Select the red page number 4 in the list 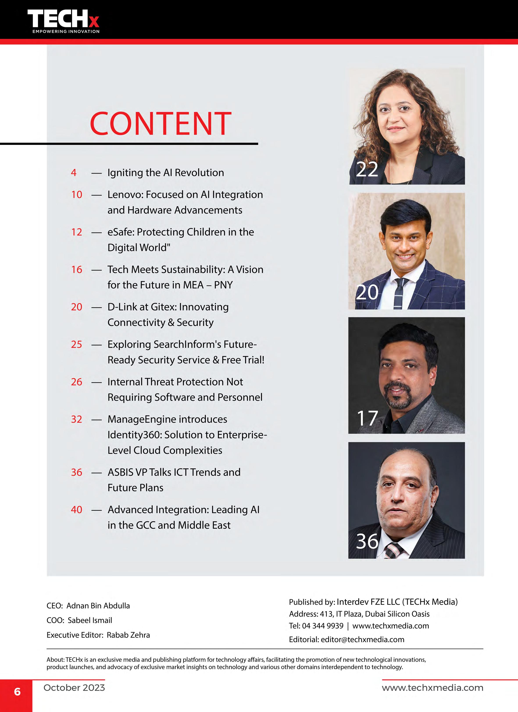[x=73, y=173]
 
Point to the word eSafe [x=121, y=232]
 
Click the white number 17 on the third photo [x=367, y=418]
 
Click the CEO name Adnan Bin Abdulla [x=98, y=606]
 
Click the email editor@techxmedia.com [x=362, y=639]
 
